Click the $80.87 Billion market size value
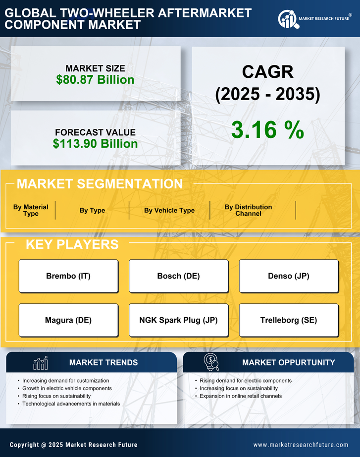[95, 80]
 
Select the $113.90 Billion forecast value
[95, 144]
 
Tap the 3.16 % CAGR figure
[267, 130]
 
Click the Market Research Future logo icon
[287, 19]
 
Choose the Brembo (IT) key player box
[68, 276]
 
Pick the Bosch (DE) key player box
[178, 276]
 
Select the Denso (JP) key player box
[289, 276]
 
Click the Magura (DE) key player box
[68, 320]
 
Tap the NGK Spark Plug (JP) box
[178, 320]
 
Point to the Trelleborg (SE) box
[289, 320]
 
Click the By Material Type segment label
[31, 210]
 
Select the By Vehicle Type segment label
[169, 210]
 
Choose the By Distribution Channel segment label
[248, 210]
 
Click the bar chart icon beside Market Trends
[40, 363]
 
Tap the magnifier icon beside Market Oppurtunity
[211, 362]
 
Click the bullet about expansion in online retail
[240, 396]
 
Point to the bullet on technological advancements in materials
[71, 403]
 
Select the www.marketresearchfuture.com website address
[301, 445]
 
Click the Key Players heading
[72, 244]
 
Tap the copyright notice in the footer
[73, 445]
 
